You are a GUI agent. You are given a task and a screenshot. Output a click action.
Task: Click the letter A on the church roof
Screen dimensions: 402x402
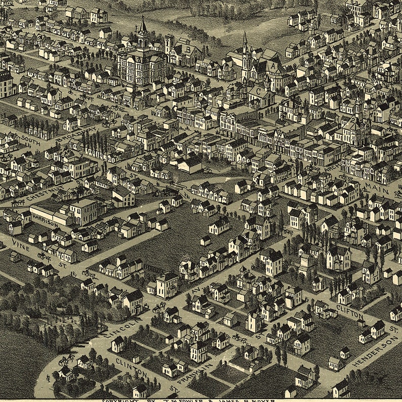[273, 65]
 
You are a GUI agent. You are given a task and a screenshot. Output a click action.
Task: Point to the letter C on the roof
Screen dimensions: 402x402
[258, 92]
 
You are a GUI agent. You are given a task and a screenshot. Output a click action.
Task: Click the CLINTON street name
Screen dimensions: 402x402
[131, 367]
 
